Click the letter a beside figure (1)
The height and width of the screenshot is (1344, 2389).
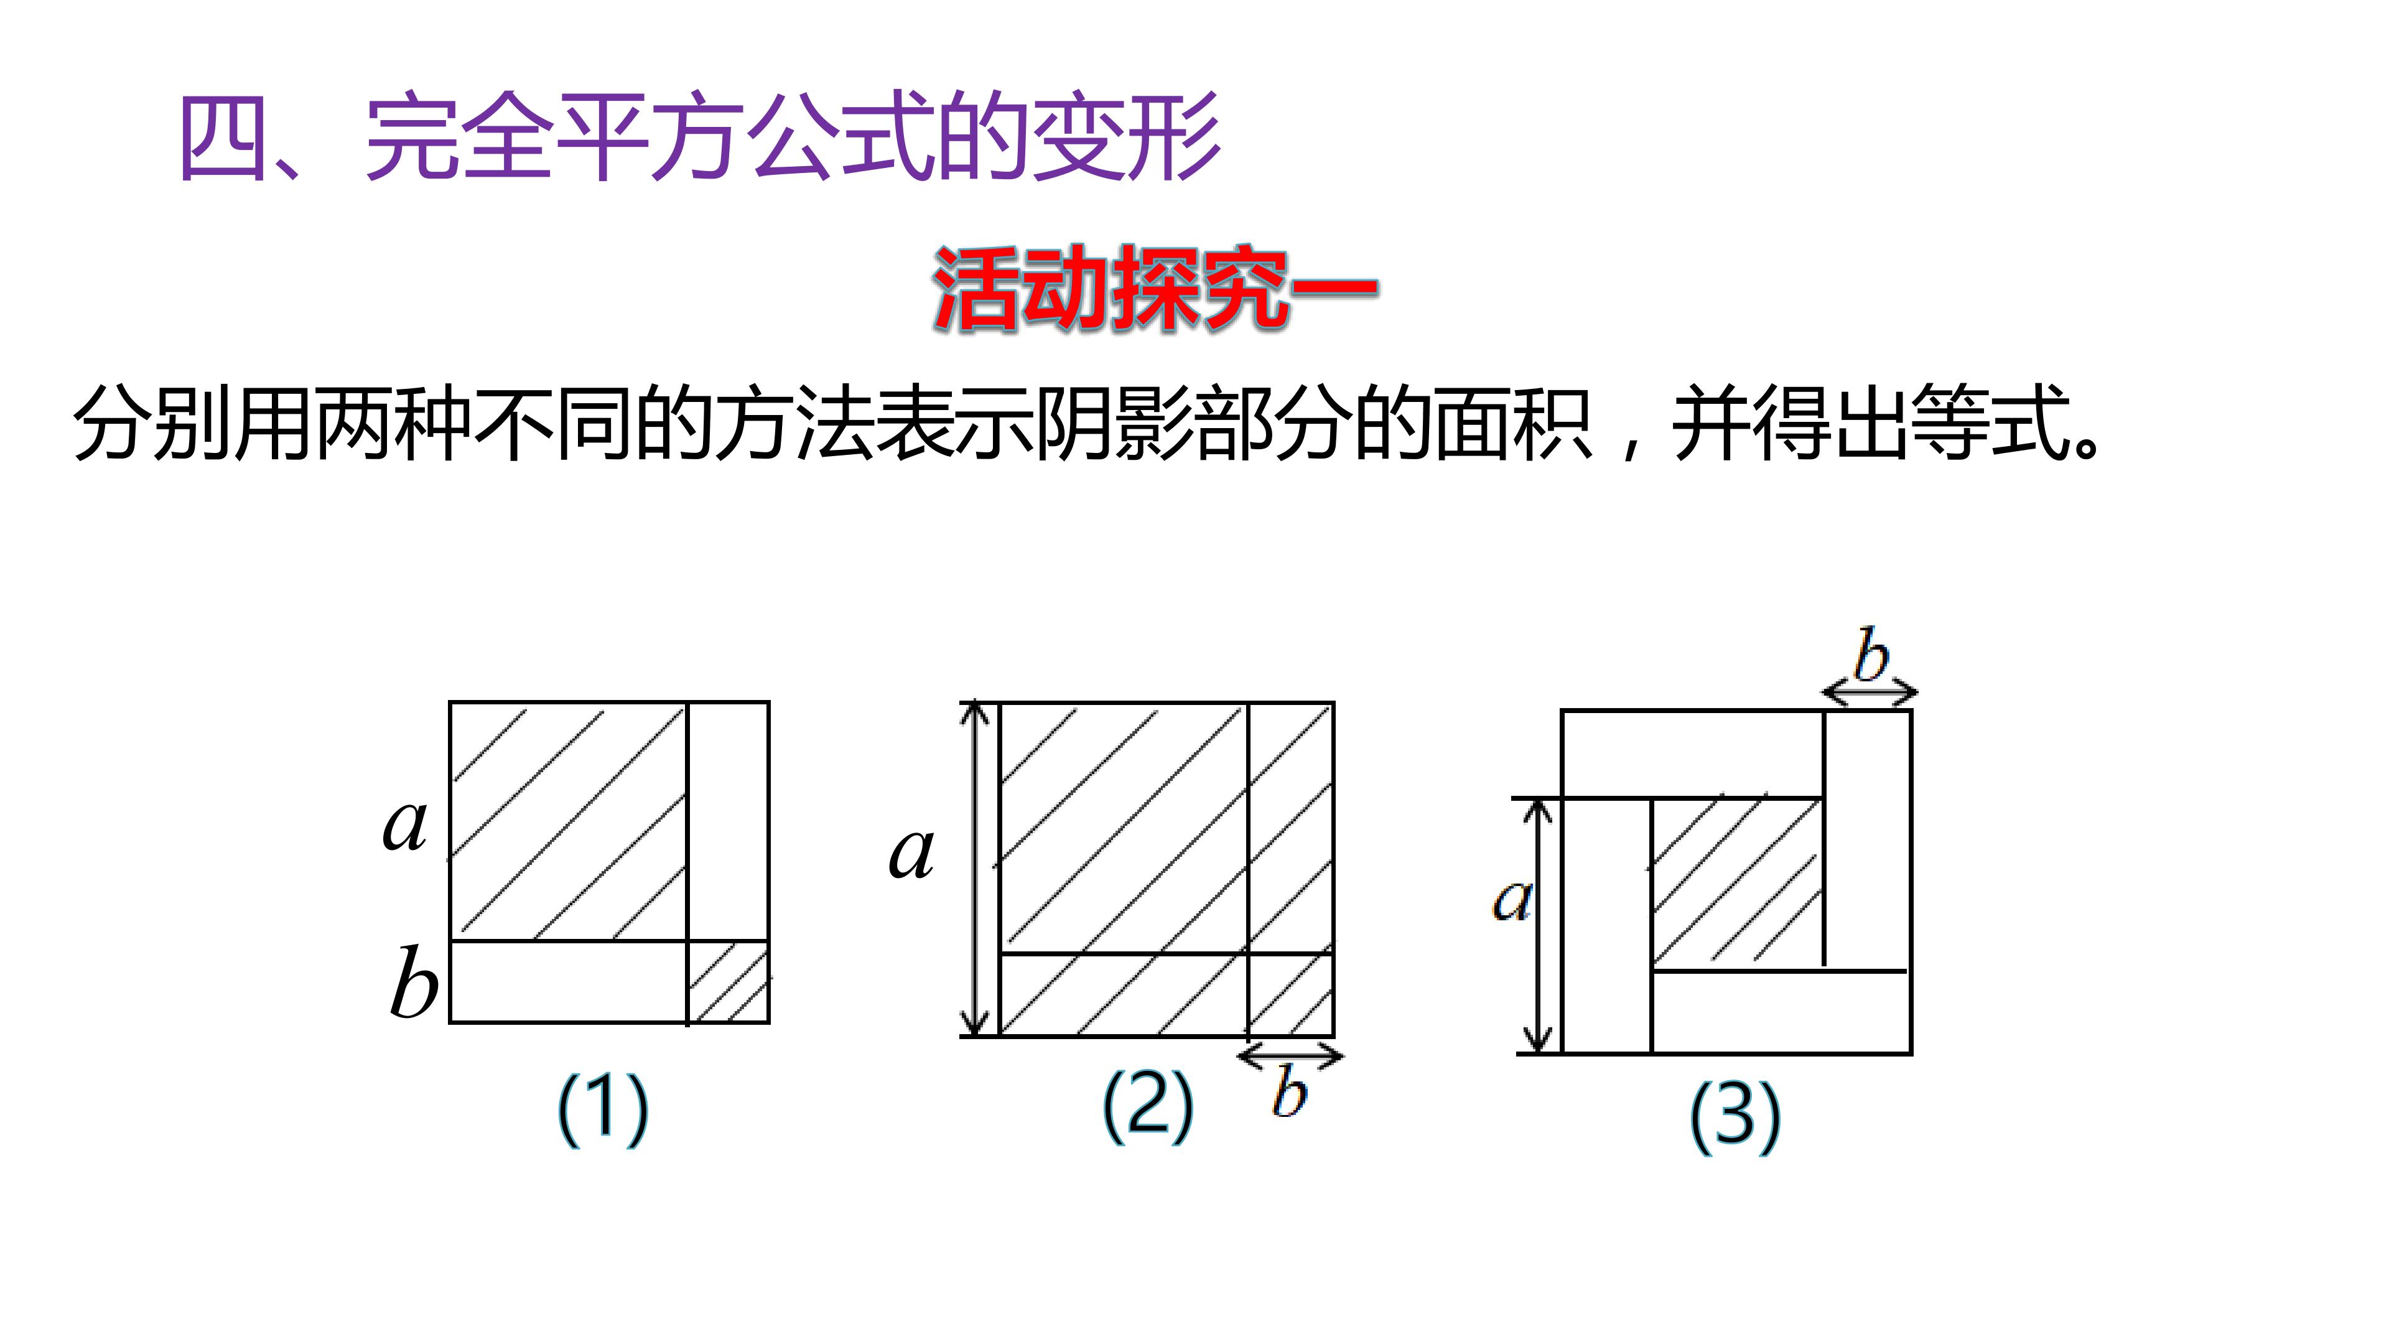405,824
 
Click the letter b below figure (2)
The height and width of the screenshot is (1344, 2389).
1289,1092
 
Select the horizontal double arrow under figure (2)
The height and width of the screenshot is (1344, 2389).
1290,1055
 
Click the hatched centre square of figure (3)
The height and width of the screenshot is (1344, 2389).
1737,882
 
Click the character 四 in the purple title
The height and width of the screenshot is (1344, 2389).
225,138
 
